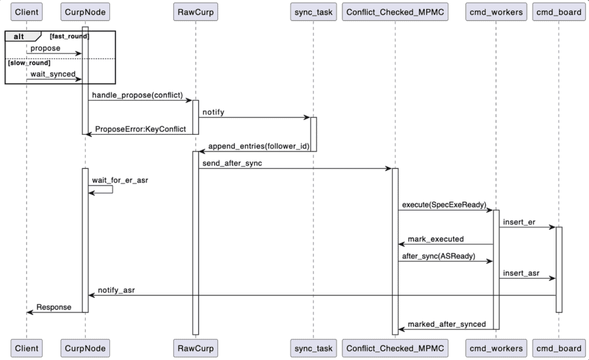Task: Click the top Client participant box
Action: [x=27, y=12]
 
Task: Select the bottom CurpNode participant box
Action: [x=85, y=348]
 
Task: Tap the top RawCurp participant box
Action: [x=195, y=12]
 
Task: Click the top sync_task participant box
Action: [x=312, y=12]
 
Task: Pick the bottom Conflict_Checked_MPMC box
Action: [x=395, y=348]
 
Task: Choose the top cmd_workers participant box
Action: [x=495, y=12]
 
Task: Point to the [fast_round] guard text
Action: [x=69, y=36]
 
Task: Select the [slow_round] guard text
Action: [x=29, y=63]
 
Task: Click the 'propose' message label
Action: [x=45, y=48]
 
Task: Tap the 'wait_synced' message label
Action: [x=52, y=74]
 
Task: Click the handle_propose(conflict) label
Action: [x=137, y=96]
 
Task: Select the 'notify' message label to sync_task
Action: [x=213, y=112]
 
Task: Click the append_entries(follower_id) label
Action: [x=258, y=146]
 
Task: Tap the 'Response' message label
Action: [x=54, y=307]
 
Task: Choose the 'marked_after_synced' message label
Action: [x=446, y=324]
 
